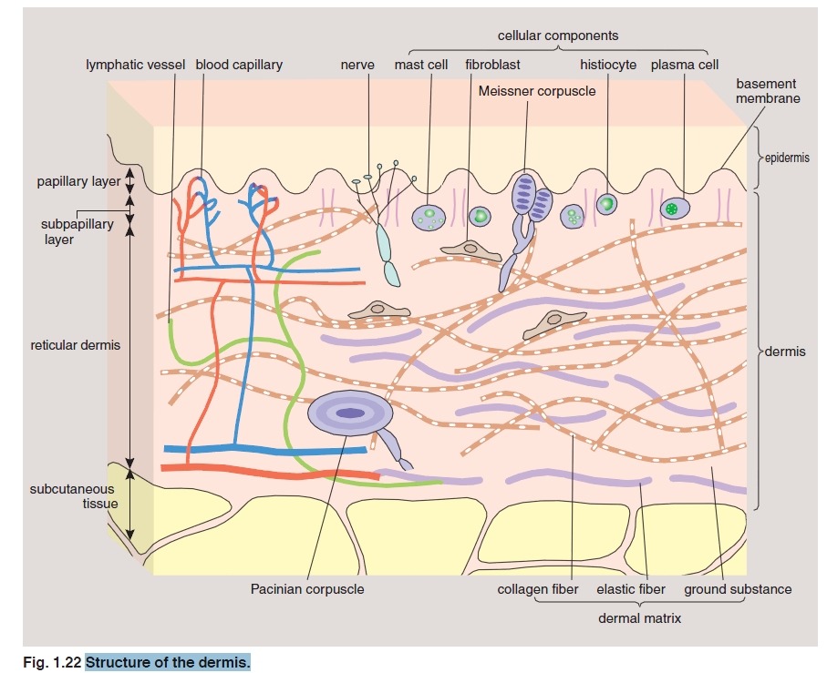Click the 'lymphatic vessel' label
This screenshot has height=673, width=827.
click(136, 66)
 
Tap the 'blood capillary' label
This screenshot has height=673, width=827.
click(239, 66)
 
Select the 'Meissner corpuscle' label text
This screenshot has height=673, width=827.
click(536, 91)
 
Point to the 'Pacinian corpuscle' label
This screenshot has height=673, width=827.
click(307, 589)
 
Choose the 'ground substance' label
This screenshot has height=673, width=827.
click(738, 589)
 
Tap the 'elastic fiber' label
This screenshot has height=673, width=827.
click(631, 589)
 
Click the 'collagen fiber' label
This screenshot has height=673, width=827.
click(538, 589)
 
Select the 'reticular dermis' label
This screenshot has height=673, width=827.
click(76, 345)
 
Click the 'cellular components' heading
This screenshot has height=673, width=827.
click(558, 36)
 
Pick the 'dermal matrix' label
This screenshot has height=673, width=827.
click(640, 617)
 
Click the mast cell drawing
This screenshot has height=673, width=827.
click(427, 217)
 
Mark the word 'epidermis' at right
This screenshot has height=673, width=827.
click(785, 158)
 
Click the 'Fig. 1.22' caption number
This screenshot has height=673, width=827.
click(51, 660)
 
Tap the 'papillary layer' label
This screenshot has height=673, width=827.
click(78, 181)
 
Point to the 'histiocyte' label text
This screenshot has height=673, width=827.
click(608, 66)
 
